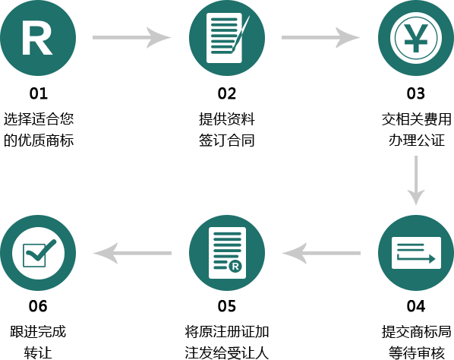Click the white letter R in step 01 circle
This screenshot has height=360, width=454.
37,38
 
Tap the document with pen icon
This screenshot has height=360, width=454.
227,38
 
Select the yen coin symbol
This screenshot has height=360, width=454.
416,38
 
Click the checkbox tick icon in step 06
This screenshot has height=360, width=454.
39,253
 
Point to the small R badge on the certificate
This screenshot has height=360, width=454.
235,266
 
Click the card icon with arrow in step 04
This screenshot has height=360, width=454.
416,253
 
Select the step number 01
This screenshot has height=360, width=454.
38,93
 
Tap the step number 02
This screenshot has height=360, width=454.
227,93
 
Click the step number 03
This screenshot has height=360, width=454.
416,93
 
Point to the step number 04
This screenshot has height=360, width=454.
416,306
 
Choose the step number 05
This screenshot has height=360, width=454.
227,306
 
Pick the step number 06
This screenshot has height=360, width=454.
38,306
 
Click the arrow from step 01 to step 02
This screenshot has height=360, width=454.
132,38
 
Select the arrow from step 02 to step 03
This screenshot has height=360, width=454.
321,38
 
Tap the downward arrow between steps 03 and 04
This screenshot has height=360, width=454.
416,181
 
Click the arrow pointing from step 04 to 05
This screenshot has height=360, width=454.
321,253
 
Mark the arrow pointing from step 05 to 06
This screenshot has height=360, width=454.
132,253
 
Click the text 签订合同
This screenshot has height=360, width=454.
227,141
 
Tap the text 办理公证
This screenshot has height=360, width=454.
416,141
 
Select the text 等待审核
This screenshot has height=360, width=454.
416,352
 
